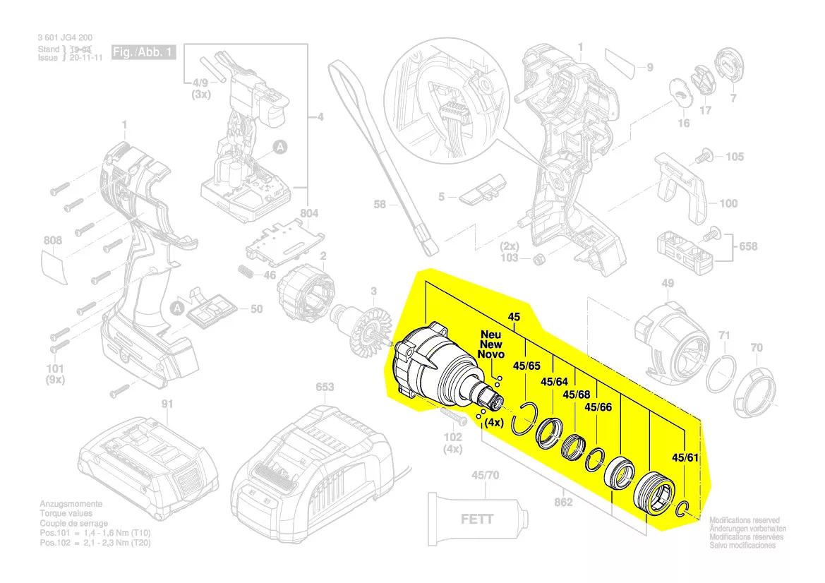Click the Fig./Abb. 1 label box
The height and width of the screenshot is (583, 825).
click(x=143, y=54)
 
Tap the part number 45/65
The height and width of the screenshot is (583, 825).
click(x=526, y=366)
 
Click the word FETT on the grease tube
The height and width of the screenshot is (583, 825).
click(x=478, y=519)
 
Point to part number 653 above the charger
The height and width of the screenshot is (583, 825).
click(x=324, y=387)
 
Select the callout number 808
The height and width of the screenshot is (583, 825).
click(x=53, y=240)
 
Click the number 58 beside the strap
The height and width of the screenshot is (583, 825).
click(x=380, y=205)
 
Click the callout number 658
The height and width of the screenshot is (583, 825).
click(x=748, y=246)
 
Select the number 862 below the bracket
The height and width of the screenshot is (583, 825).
click(x=562, y=503)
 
